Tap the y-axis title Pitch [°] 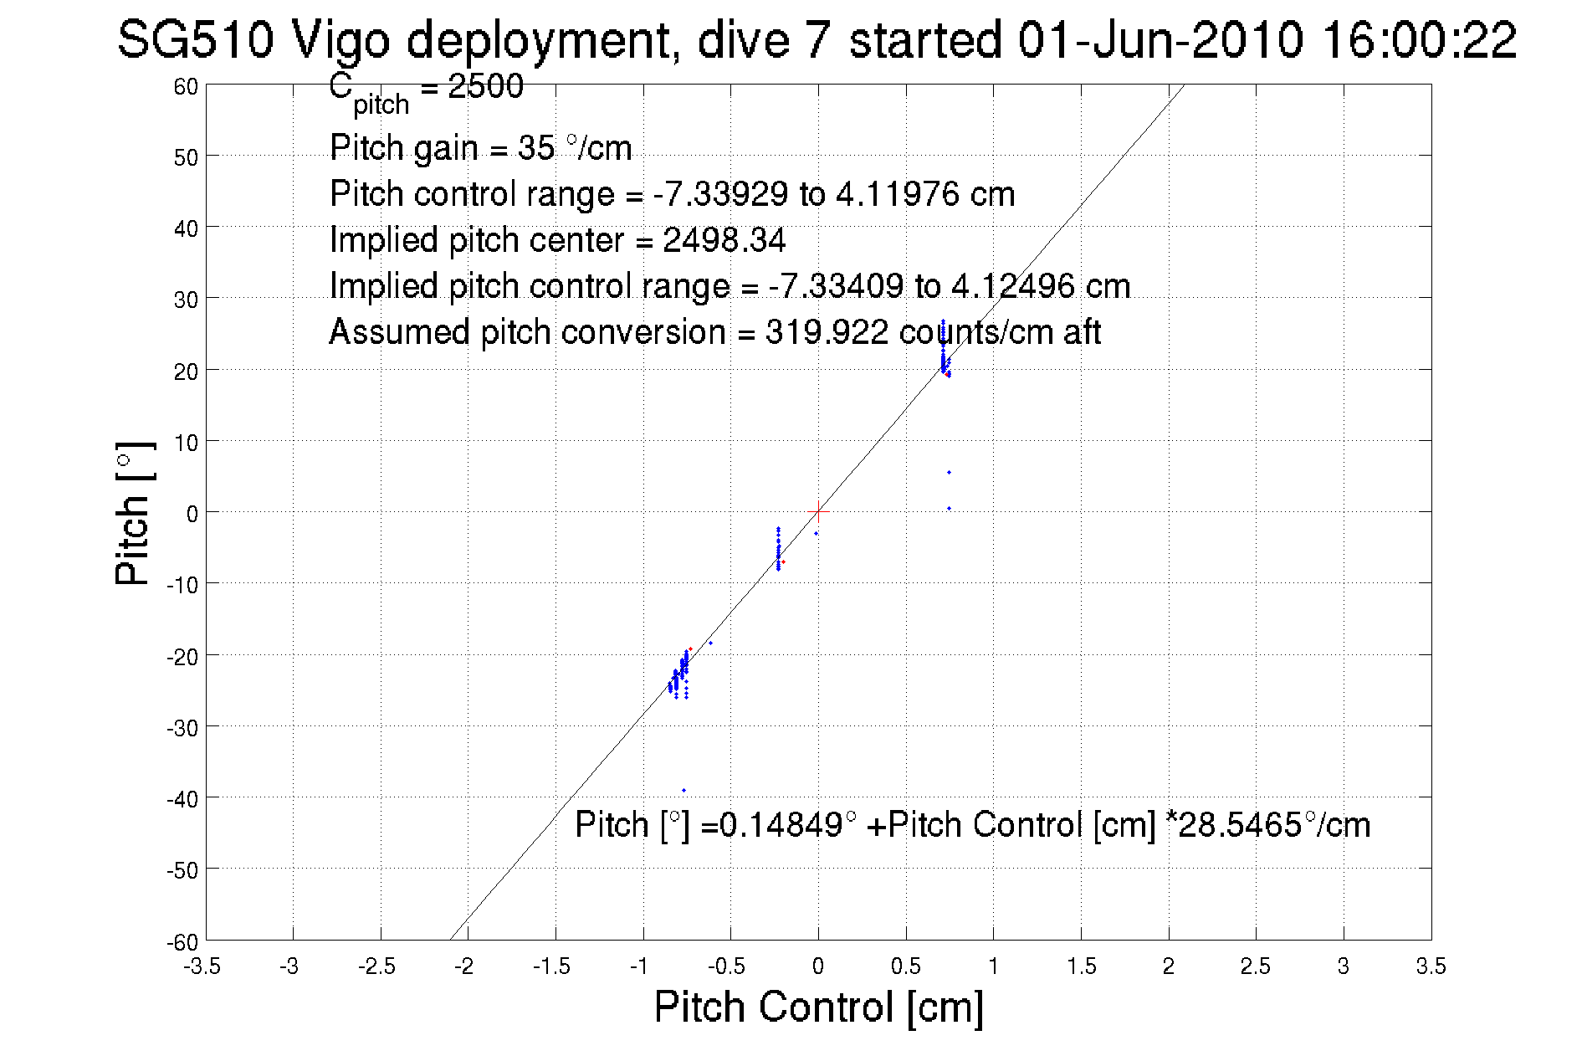click(134, 513)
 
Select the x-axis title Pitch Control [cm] click(818, 1006)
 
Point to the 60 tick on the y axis click(187, 86)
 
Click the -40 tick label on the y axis click(182, 799)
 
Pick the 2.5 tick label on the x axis click(1255, 966)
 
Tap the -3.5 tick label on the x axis click(202, 966)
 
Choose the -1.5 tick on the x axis click(552, 966)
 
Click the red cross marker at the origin click(818, 511)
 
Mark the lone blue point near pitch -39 click(683, 790)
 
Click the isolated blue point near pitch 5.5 click(949, 473)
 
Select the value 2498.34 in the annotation click(724, 241)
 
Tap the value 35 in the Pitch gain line click(536, 148)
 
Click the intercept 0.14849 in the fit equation click(781, 825)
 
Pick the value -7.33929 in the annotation click(719, 194)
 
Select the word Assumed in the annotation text click(399, 332)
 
